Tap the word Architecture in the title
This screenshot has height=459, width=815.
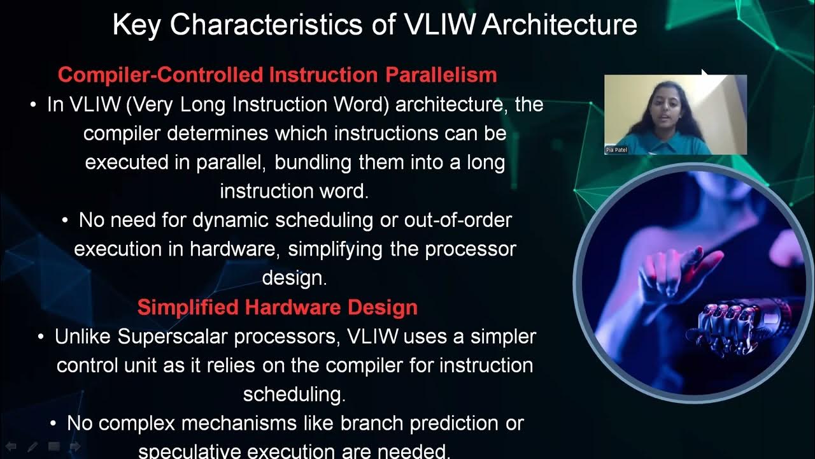[x=560, y=25]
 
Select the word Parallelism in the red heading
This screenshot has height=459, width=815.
[x=441, y=75]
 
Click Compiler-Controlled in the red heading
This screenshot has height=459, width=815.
[x=161, y=75]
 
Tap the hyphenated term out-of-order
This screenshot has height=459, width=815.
[x=458, y=221]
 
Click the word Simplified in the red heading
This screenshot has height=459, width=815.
[x=188, y=307]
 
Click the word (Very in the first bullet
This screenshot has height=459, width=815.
[x=151, y=105]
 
